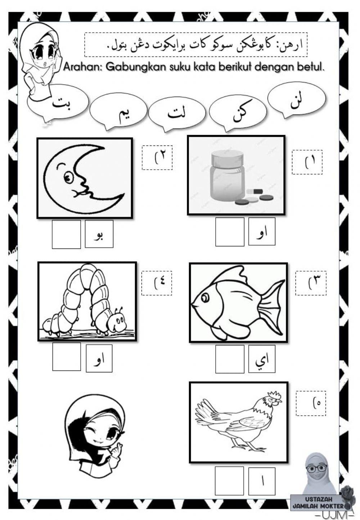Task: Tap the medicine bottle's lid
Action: (228, 158)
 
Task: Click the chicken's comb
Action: (274, 394)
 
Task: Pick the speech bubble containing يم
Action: (118, 111)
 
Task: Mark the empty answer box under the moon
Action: (66, 234)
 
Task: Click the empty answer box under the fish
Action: (230, 359)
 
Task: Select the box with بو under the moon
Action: (99, 234)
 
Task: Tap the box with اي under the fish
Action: (262, 359)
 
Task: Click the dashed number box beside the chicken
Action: (311, 403)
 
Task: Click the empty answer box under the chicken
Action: (229, 480)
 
